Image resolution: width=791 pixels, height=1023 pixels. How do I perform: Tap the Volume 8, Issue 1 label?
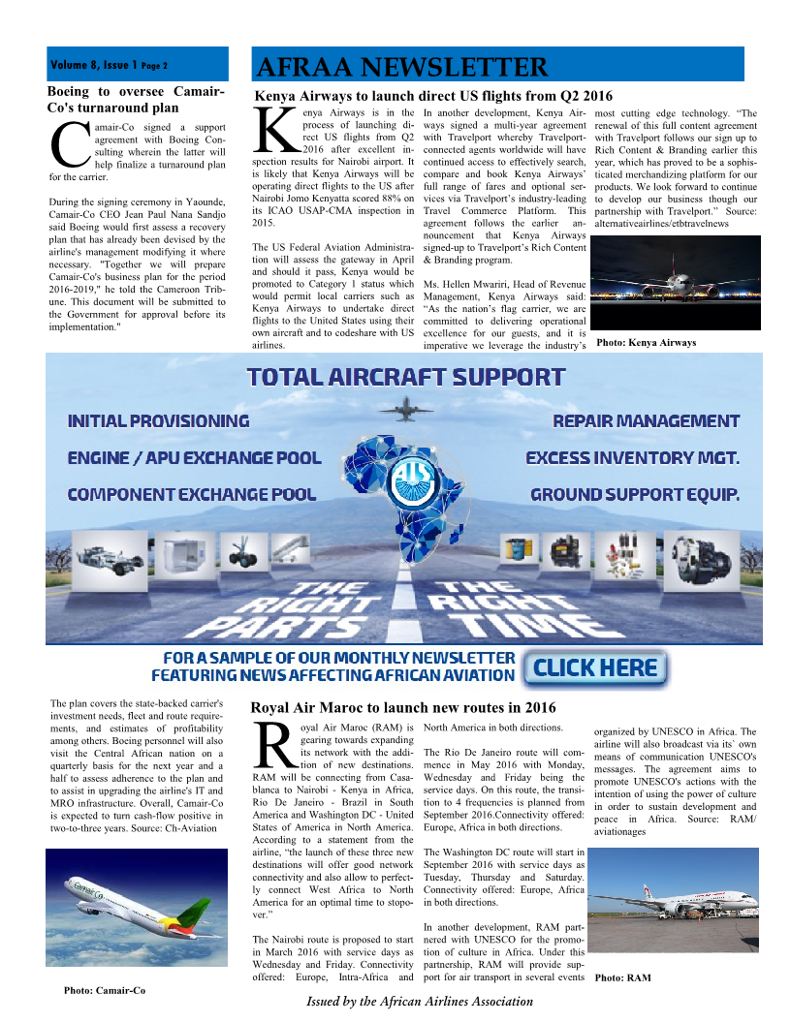click(x=109, y=66)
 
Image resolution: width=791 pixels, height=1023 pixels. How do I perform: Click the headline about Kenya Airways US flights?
click(x=433, y=96)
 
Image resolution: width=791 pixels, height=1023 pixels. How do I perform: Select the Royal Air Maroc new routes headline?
click(x=403, y=707)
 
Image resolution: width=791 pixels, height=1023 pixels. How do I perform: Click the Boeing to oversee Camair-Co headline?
click(x=136, y=100)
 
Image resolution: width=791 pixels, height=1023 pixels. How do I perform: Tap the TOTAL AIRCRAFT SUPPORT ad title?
click(x=405, y=377)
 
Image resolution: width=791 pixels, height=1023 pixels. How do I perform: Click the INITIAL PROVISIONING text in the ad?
click(x=158, y=421)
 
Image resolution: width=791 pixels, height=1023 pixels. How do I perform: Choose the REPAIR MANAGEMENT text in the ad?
click(x=646, y=421)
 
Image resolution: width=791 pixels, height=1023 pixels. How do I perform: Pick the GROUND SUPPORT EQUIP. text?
click(x=635, y=495)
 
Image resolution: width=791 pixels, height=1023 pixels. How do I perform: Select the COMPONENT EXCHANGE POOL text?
click(x=192, y=495)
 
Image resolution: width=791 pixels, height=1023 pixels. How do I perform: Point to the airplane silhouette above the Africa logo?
click(x=406, y=411)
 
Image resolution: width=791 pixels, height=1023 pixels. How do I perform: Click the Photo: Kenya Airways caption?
click(x=646, y=342)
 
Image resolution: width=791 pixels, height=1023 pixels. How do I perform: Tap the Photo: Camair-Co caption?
click(x=105, y=990)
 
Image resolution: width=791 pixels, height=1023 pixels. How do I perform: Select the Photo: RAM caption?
click(x=622, y=977)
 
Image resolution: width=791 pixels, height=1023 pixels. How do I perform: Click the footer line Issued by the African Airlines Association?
click(x=420, y=1001)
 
